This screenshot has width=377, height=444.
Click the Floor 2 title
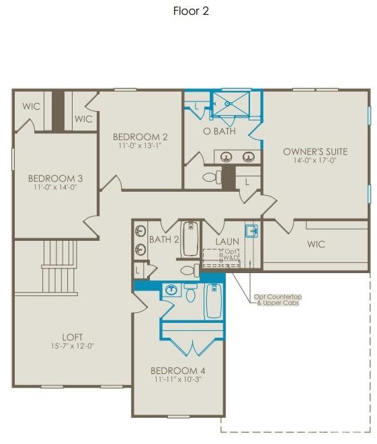191,11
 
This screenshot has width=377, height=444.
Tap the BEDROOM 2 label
140,137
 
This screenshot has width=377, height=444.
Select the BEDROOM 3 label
55,178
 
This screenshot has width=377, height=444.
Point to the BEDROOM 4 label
177,371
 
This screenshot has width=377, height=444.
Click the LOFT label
73,336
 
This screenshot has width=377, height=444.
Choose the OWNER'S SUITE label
315,151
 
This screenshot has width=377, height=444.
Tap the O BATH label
219,131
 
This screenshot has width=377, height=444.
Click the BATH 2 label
164,239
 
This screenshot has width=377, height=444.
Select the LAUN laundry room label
227,242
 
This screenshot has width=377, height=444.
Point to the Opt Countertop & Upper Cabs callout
278,300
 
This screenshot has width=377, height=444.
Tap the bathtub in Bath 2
190,239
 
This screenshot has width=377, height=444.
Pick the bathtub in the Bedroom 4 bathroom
213,301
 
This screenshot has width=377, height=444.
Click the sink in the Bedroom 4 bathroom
171,291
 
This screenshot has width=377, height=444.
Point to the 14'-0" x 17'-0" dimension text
315,161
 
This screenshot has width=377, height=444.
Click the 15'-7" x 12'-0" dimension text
73,346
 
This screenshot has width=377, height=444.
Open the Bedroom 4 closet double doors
192,346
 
